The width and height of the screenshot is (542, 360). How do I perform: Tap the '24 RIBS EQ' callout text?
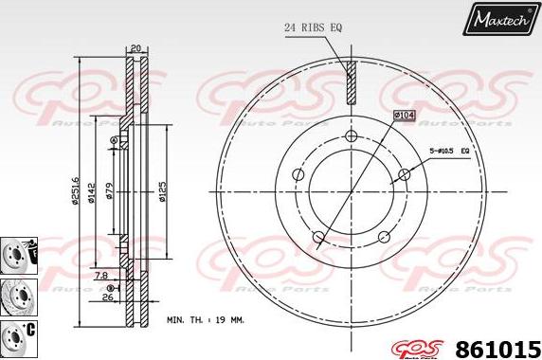pyautogui.click(x=313, y=27)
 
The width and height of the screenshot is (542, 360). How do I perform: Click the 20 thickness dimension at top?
pyautogui.click(x=135, y=47)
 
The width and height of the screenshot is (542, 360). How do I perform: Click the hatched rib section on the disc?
pyautogui.click(x=351, y=82)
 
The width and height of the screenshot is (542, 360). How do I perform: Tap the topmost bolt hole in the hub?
pyautogui.click(x=351, y=138)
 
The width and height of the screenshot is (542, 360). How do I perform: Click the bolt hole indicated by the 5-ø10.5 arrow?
pyautogui.click(x=404, y=173)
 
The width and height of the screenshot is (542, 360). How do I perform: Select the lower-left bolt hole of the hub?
pyautogui.click(x=318, y=237)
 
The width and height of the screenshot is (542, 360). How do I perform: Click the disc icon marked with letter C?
pyautogui.click(x=16, y=333)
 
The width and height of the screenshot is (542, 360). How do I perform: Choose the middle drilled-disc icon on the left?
pyautogui.click(x=16, y=293)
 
